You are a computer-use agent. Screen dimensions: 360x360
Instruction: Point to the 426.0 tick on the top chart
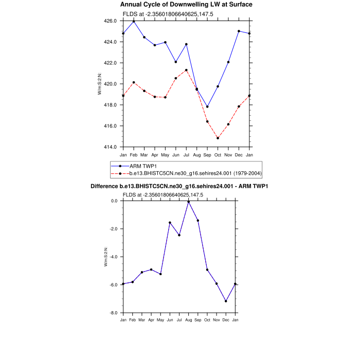coord(112,21)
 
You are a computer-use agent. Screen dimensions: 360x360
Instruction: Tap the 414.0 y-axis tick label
coord(112,147)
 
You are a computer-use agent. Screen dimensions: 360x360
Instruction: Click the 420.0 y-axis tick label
coord(112,84)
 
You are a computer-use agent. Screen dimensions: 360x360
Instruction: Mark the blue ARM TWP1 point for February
coord(134,22)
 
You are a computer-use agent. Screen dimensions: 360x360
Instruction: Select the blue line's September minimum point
coord(207,107)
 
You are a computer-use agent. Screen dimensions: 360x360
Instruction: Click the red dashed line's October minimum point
coord(218,138)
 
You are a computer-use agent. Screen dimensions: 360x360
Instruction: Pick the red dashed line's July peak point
coord(186,70)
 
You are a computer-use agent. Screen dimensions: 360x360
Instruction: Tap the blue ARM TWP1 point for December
coord(239,31)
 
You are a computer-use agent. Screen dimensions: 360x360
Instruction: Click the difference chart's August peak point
coord(188,202)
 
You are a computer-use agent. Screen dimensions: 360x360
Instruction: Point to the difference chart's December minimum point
coord(226,301)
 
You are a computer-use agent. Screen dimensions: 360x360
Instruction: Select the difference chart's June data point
coord(170,223)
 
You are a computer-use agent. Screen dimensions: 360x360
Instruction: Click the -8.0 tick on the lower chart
coord(114,313)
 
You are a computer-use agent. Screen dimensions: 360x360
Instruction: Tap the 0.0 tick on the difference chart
coord(115,201)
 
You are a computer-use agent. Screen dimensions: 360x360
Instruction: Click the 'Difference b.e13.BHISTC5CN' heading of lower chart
coord(179,186)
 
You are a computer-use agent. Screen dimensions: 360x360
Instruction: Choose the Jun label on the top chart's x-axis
coord(176,154)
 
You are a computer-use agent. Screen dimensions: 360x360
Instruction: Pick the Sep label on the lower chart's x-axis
coord(198,320)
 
